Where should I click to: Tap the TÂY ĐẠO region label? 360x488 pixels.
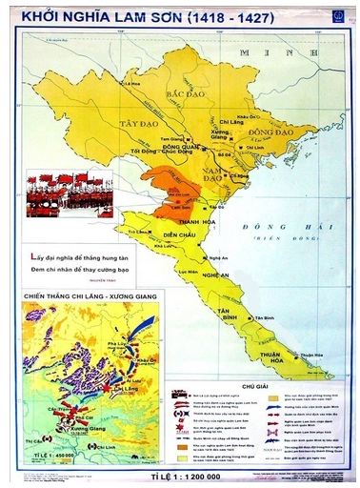point(135,124)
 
